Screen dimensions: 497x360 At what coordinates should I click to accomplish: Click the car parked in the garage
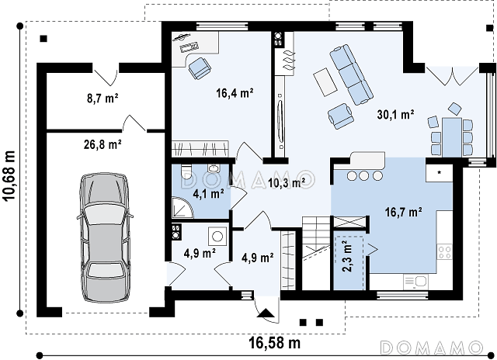104,237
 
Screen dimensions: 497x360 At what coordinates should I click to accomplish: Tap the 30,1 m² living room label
395,114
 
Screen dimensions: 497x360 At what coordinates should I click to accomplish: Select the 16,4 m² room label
235,93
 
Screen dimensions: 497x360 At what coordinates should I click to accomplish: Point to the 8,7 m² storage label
103,99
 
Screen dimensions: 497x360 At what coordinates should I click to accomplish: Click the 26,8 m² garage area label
103,144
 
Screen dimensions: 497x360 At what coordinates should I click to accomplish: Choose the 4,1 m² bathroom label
209,193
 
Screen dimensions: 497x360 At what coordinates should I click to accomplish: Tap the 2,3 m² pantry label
348,256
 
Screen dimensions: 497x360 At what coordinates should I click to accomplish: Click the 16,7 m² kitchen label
404,212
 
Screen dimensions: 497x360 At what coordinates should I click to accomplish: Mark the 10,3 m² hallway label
287,182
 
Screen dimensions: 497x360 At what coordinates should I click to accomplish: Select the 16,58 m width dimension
274,343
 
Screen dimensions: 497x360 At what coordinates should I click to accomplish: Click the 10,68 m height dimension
9,175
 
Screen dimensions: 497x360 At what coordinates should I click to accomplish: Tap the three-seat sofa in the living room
351,74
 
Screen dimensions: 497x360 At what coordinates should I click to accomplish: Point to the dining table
452,137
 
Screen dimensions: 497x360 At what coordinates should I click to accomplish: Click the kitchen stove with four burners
444,252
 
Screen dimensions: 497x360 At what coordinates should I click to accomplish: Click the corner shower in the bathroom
182,208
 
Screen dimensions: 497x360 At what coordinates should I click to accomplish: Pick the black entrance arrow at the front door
266,313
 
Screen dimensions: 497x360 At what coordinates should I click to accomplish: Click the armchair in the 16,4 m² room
200,67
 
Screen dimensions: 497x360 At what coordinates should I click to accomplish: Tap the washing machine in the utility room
217,236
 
